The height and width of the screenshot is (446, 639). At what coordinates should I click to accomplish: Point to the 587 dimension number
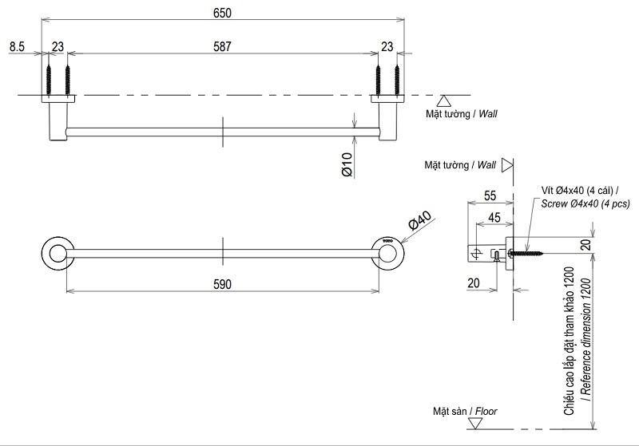click(x=223, y=47)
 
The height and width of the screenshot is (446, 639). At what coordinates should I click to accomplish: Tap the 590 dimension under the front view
click(x=222, y=282)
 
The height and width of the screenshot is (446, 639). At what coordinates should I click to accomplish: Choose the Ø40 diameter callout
click(x=419, y=223)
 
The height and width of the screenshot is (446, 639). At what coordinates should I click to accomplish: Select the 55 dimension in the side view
click(x=490, y=195)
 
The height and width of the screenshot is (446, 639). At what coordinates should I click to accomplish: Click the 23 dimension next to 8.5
click(x=58, y=47)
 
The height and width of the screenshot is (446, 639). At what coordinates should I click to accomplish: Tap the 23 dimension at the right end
click(x=387, y=47)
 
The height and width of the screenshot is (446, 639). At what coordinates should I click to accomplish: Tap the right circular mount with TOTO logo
click(x=389, y=253)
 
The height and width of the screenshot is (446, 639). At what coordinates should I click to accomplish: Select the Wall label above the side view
click(x=460, y=165)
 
